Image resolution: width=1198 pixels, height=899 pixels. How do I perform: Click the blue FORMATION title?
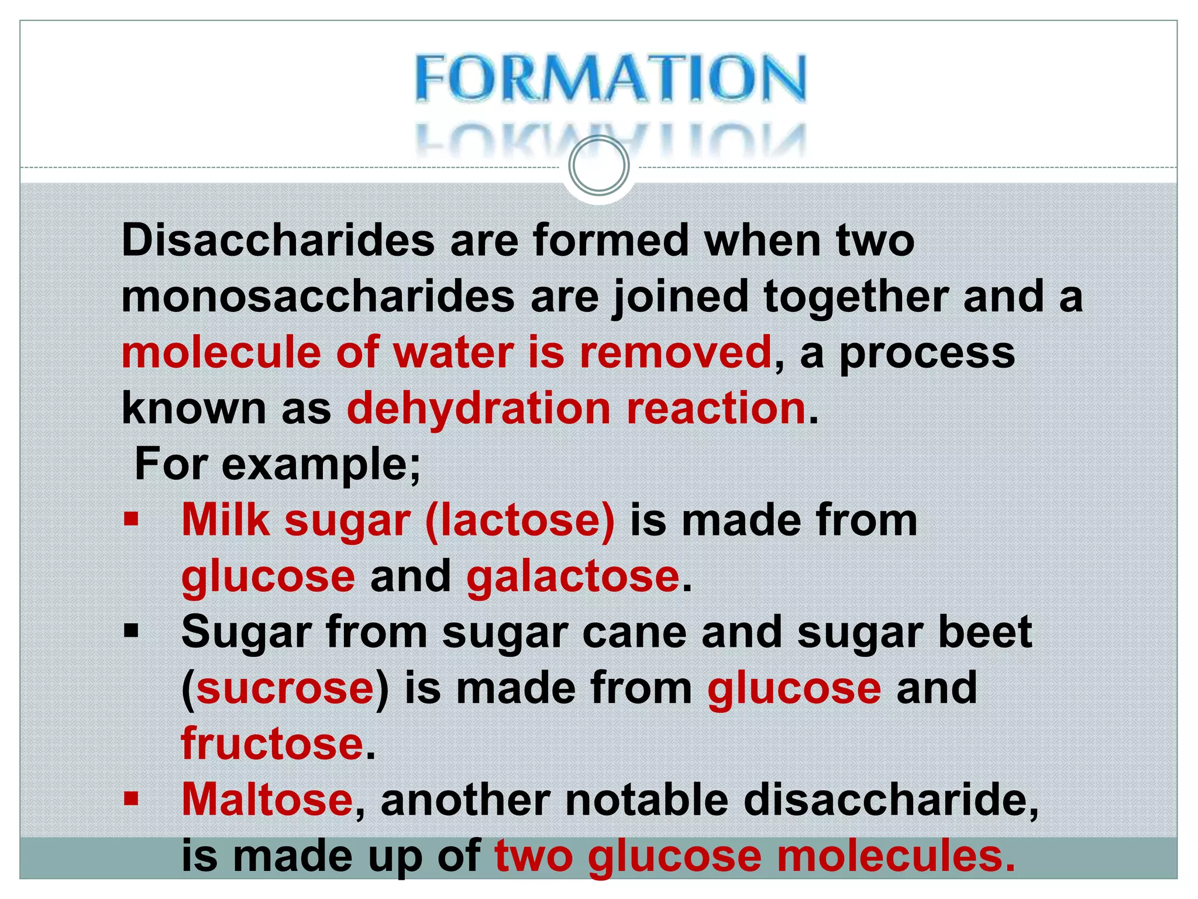coord(611,78)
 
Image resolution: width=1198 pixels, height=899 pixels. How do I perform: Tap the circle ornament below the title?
coord(599,166)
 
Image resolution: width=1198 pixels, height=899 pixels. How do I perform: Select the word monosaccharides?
coord(318,297)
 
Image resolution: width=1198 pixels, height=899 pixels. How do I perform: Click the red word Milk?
coord(226,520)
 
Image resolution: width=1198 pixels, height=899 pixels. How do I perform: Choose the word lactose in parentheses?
coord(521,520)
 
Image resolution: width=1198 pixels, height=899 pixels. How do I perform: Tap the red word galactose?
coord(573,577)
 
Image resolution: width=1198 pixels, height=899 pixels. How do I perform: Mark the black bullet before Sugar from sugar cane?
coord(131,632)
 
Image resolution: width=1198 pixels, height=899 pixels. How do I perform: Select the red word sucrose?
coord(285,688)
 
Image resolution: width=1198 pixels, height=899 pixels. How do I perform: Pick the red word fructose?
coord(273,744)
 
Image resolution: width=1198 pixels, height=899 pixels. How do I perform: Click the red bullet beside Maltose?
coord(131,799)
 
